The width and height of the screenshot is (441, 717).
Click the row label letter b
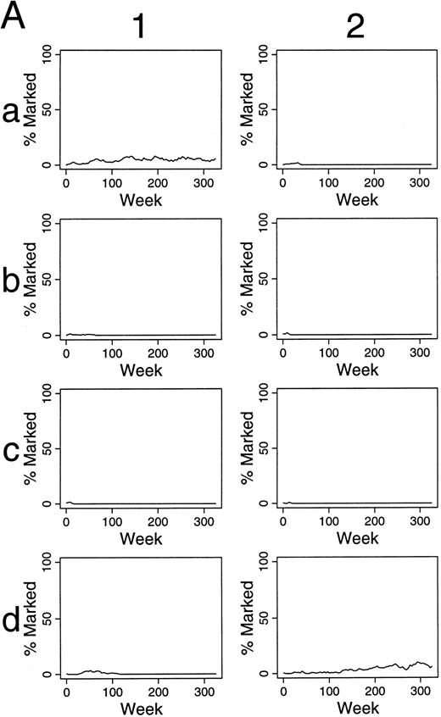point(12,281)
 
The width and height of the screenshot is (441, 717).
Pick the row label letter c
point(12,451)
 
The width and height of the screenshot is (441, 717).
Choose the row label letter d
point(12,620)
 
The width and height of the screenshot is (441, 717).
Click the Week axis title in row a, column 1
point(141,201)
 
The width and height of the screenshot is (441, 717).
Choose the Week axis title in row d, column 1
point(141,709)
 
